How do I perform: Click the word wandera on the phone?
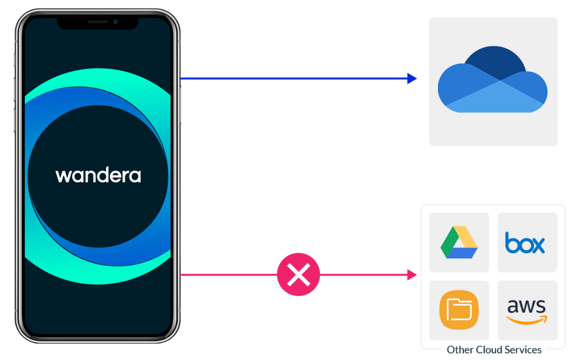coord(98,175)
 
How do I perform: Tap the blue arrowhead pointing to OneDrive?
coord(412,78)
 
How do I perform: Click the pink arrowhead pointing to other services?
coord(412,275)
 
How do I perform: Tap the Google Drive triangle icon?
coord(459,242)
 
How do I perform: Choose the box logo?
coord(525,243)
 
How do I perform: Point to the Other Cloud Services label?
coord(494,350)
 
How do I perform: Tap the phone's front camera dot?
coord(115,22)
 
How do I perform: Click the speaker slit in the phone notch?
coord(97,22)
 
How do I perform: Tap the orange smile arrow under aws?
coord(526,320)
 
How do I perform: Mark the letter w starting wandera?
coord(62,176)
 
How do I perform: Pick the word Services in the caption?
coord(525,350)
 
